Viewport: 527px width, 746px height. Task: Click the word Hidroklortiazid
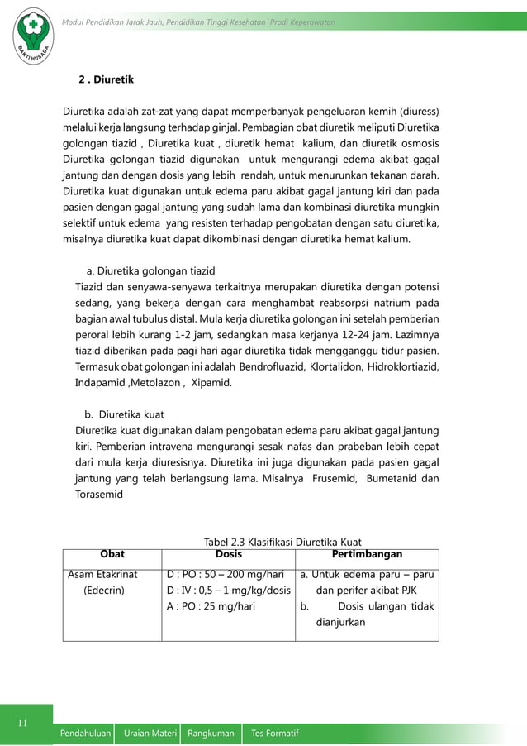(x=403, y=366)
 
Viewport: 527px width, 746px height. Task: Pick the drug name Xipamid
(x=211, y=383)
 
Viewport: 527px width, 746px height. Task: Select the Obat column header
(x=112, y=554)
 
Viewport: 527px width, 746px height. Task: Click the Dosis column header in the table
(x=229, y=554)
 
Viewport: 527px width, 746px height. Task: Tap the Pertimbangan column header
(x=367, y=554)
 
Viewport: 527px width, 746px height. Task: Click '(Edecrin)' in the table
(x=103, y=591)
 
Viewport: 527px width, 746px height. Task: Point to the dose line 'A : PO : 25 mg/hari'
(x=211, y=606)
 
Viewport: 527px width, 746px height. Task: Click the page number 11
(x=26, y=724)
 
